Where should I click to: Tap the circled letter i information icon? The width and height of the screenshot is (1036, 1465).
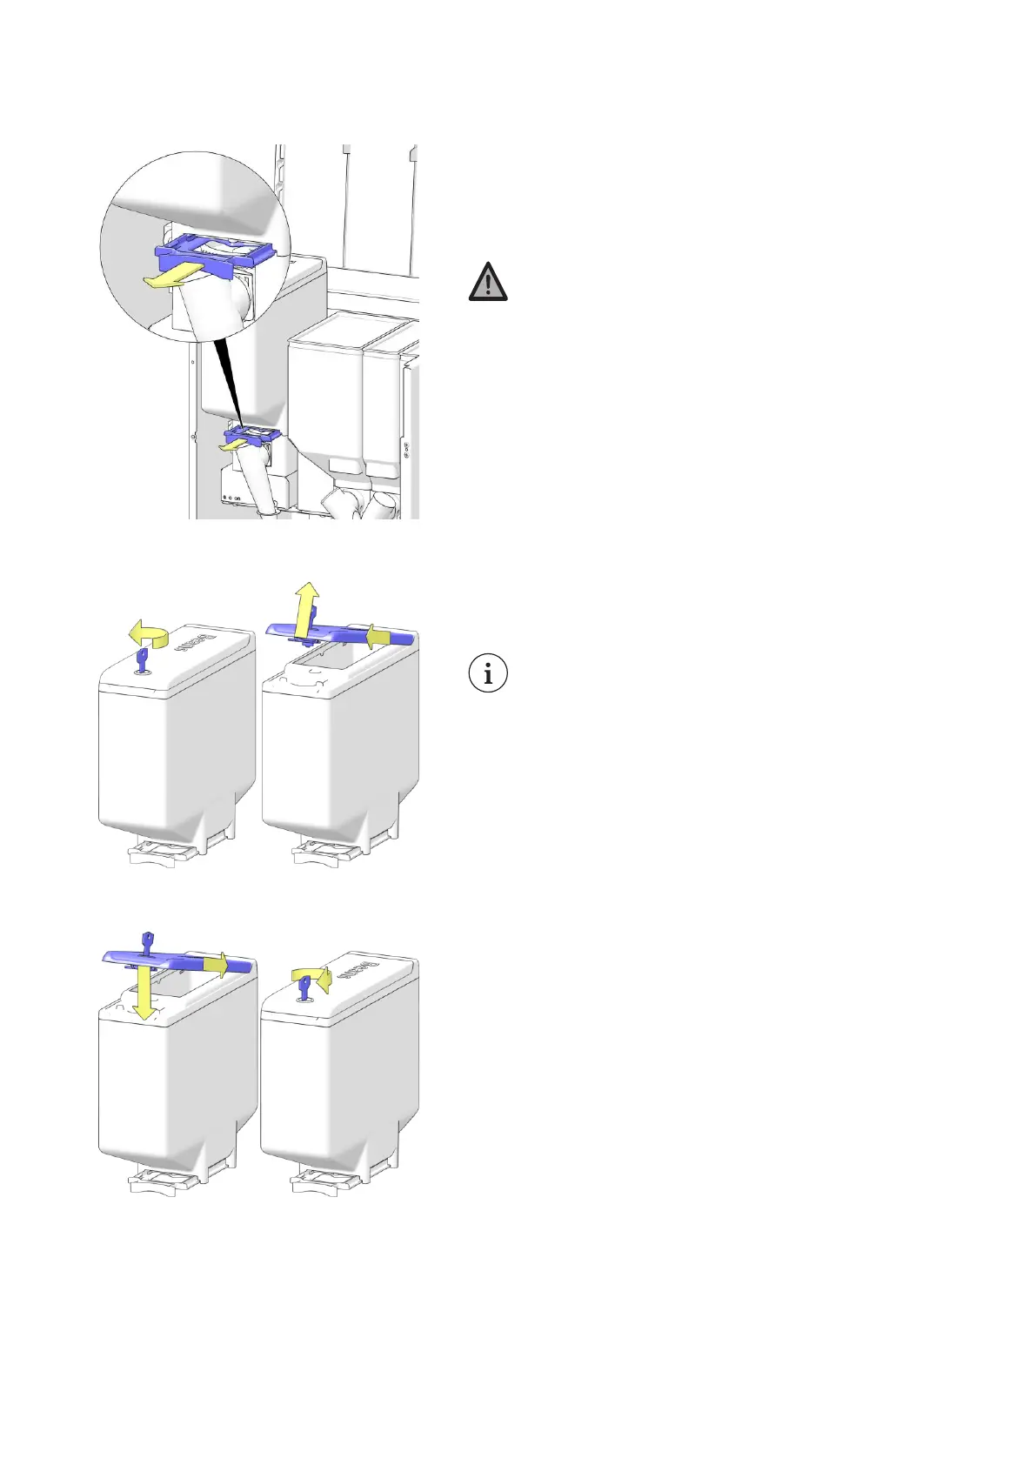[x=488, y=673]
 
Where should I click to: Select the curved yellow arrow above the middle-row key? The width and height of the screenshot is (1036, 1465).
[x=147, y=632]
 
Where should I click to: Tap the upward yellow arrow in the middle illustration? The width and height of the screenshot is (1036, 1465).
[x=305, y=605]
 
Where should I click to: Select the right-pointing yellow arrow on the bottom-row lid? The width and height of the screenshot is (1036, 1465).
[x=217, y=964]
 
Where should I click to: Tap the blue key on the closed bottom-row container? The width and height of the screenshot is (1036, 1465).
[x=304, y=987]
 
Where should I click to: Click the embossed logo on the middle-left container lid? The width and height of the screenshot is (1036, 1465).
[x=190, y=643]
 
